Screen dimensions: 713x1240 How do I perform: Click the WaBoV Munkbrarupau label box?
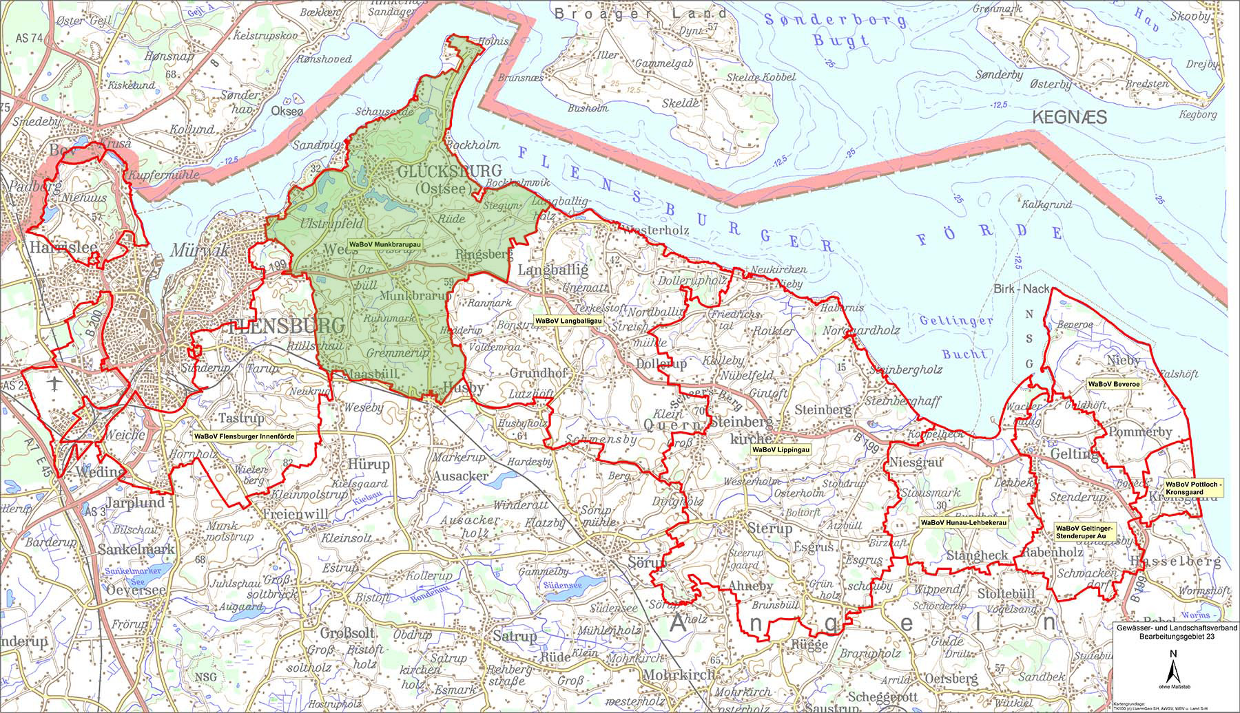[384, 244]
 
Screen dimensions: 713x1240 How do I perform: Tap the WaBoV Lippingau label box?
[781, 449]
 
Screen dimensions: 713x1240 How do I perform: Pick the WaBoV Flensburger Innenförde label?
[256, 436]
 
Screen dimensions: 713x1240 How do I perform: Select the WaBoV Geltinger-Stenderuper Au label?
[1083, 531]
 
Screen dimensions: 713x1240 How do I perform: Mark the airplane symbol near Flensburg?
[56, 381]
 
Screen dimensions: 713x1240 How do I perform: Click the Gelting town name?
[1075, 454]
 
